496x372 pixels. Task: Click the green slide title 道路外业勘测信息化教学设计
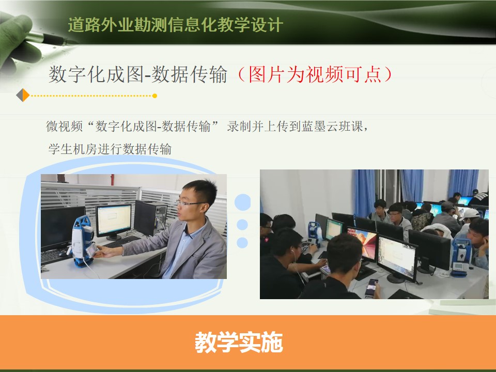coord(175,25)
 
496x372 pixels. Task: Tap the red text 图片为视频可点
coord(315,74)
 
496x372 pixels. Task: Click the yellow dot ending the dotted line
coord(154,96)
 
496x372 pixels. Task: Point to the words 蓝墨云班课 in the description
coord(332,126)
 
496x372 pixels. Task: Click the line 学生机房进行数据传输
coord(110,149)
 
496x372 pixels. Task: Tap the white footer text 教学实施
coord(239,342)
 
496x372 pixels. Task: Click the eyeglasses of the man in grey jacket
coord(189,203)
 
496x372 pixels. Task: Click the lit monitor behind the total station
coord(114,221)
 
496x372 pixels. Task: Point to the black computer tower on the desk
coord(150,218)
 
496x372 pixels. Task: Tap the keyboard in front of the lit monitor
coord(122,242)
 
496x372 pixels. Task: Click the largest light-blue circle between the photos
coord(243,202)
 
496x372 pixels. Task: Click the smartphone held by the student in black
coord(371,287)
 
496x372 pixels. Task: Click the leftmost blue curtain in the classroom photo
coord(364,193)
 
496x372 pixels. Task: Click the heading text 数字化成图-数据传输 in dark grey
coord(138,74)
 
